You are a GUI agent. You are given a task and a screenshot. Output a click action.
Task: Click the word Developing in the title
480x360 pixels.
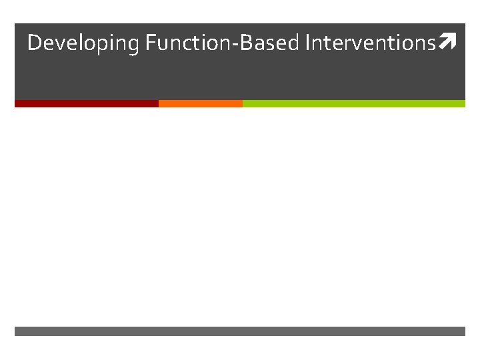(83, 43)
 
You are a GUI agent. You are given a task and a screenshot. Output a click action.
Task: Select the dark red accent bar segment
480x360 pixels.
(86, 103)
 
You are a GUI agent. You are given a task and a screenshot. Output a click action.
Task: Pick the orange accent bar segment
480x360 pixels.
(200, 103)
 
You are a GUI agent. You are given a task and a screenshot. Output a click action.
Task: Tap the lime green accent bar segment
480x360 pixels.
(353, 103)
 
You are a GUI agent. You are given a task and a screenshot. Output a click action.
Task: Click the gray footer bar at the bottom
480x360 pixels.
(240, 331)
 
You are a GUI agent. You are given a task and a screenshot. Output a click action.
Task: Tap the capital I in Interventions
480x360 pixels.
(307, 43)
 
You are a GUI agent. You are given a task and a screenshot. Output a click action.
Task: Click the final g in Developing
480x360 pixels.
(133, 46)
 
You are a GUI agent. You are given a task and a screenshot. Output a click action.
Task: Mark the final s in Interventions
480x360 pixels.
(430, 45)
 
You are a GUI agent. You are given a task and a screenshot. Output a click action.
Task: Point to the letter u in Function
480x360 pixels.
(162, 45)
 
